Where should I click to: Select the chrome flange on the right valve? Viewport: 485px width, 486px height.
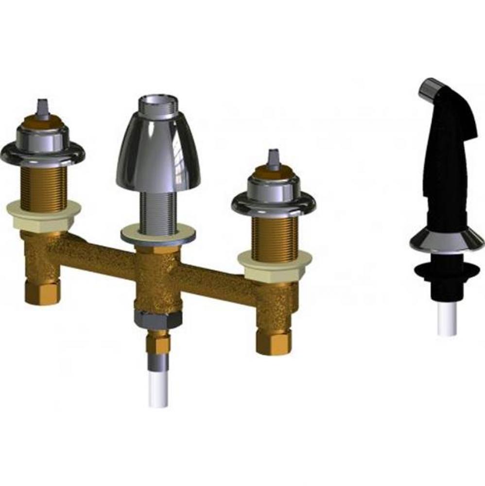point(273,202)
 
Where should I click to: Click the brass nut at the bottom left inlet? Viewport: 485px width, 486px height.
point(42,292)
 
